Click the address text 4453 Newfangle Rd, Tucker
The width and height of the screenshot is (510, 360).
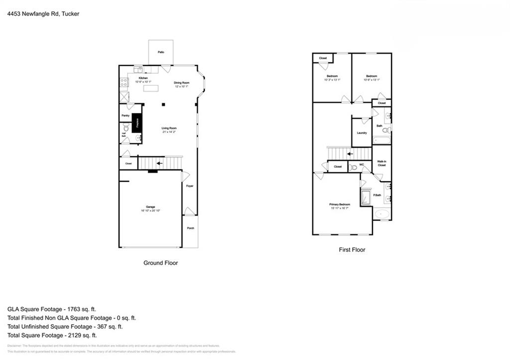pos(43,14)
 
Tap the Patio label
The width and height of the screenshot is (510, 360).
pos(161,52)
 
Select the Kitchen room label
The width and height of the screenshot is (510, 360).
pos(143,78)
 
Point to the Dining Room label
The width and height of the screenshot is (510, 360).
pos(181,83)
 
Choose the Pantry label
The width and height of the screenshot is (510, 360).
pos(126,116)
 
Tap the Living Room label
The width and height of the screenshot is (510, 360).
pos(169,128)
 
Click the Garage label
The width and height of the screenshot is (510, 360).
pos(150,207)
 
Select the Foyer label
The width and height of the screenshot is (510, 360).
pos(190,186)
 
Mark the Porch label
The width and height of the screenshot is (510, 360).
pos(190,228)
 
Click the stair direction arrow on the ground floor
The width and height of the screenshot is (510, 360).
pos(159,163)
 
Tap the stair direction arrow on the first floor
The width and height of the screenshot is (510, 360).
pos(350,154)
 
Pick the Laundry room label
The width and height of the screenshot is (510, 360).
pos(362,132)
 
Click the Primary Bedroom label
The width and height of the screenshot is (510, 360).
pos(339,205)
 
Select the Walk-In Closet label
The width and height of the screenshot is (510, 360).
pos(382,163)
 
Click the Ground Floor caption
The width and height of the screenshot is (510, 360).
pos(160,263)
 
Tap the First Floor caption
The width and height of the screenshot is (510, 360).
pos(352,249)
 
